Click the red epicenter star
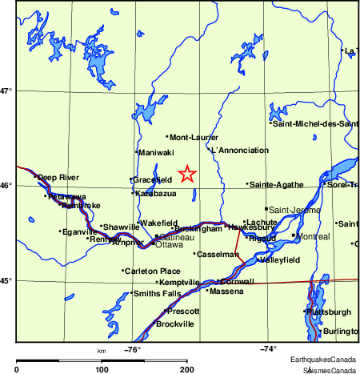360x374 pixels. coord(186,174)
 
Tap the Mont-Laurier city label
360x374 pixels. coord(194,137)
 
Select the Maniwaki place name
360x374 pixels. coord(156,152)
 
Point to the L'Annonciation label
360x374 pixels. coord(239,151)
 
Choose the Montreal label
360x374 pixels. coord(312,237)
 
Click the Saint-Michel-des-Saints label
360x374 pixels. coord(315,123)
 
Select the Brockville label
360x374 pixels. coord(174,324)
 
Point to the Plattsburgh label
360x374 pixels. coord(328,312)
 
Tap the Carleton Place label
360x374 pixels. coord(152,271)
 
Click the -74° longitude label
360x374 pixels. coord(268,348)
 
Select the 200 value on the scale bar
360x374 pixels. coord(187,369)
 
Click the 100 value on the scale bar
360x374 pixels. coord(102,369)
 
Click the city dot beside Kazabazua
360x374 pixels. coord(133,192)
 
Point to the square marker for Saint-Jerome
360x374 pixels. coord(266,209)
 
